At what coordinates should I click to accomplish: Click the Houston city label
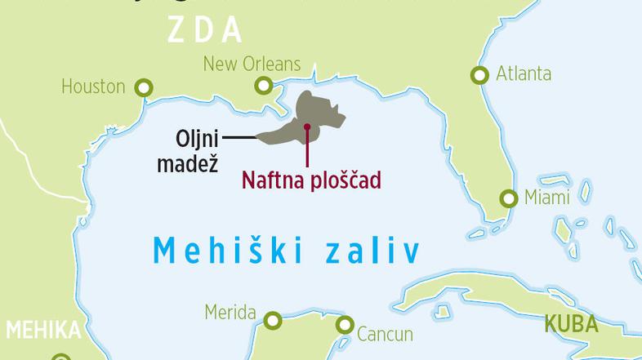pos(93,87)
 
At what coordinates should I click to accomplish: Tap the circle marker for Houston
pos(145,87)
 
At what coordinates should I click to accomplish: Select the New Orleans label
pos(252,64)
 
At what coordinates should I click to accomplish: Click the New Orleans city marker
pos(264,84)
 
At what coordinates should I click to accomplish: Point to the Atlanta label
pos(524,74)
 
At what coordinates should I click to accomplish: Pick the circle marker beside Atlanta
pos(479,75)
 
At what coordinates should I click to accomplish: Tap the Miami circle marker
pos(509,198)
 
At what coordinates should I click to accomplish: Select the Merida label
pos(229,313)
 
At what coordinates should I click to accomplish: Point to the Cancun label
pos(385,334)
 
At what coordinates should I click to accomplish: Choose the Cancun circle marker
pos(345,324)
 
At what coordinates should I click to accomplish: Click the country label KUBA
pos(572,324)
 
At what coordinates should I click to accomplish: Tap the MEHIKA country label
pos(42,331)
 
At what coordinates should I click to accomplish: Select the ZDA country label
pos(205,29)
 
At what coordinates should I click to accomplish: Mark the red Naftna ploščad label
pos(311,180)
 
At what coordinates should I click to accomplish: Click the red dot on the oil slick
pos(306,127)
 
